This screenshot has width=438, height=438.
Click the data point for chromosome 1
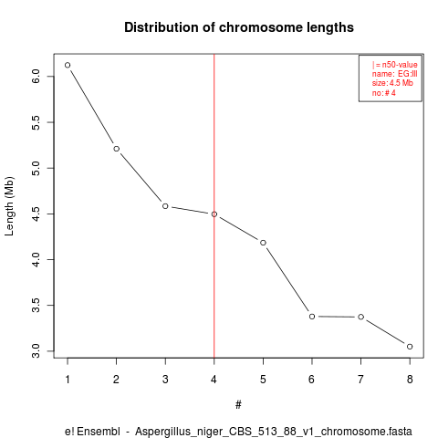pyautogui.click(x=68, y=65)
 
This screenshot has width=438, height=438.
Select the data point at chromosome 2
pyautogui.click(x=116, y=149)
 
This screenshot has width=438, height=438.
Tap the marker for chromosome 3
pyautogui.click(x=165, y=206)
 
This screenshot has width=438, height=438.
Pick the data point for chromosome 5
pyautogui.click(x=263, y=243)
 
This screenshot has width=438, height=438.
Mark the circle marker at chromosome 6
pyautogui.click(x=312, y=317)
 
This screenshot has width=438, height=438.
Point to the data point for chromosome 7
pyautogui.click(x=360, y=317)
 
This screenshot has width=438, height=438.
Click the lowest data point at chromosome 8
pyautogui.click(x=410, y=347)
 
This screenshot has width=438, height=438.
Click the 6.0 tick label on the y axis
pyautogui.click(x=36, y=77)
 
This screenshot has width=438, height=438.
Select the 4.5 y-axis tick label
pyautogui.click(x=36, y=214)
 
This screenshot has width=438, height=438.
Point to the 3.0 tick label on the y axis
pyautogui.click(x=36, y=351)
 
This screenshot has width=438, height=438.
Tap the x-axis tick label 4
pyautogui.click(x=214, y=380)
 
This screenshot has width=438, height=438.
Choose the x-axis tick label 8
pyautogui.click(x=410, y=380)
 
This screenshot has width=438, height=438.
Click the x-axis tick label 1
pyautogui.click(x=68, y=380)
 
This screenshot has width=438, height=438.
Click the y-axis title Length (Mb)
pyautogui.click(x=9, y=206)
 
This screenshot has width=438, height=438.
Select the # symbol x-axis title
pyautogui.click(x=238, y=405)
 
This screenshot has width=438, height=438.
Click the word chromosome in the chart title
pyautogui.click(x=261, y=27)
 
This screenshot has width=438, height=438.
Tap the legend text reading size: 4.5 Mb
pyautogui.click(x=392, y=83)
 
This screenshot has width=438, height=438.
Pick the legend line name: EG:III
pyautogui.click(x=394, y=74)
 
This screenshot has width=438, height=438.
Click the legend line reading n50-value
pyautogui.click(x=400, y=65)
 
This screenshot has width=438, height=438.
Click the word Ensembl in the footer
pyautogui.click(x=99, y=432)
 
